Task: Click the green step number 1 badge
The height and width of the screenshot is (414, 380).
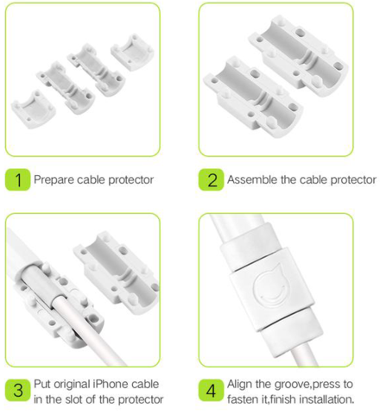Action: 17,179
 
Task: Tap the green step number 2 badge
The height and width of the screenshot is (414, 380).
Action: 211,179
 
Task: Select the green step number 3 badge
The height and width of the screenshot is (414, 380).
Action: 17,390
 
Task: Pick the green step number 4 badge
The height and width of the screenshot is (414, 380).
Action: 211,390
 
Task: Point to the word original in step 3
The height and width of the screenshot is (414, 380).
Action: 73,385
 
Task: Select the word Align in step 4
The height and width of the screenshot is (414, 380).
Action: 238,385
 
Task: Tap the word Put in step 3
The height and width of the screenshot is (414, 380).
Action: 42,384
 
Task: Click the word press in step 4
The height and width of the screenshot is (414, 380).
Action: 323,385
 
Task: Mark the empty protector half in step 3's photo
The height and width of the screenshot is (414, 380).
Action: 117,271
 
